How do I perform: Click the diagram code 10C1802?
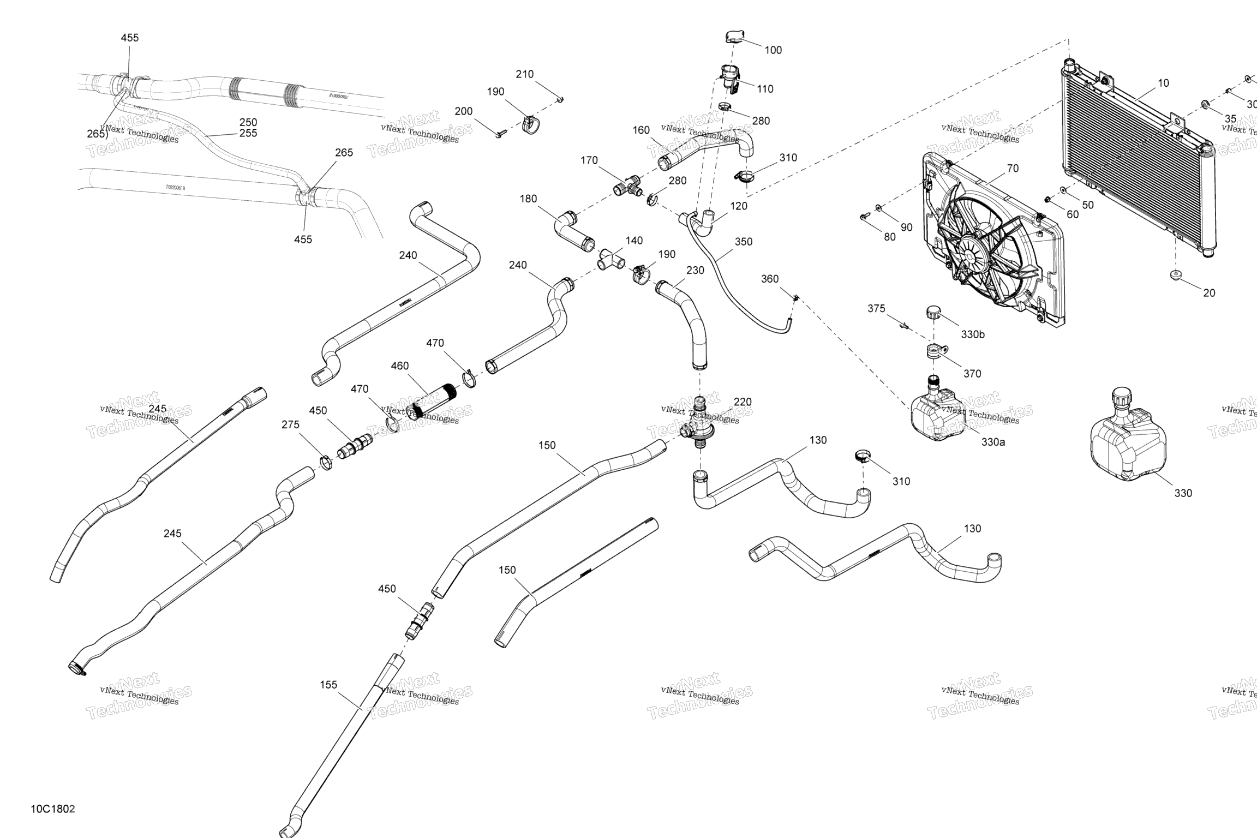point(52,809)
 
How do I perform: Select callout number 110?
point(765,89)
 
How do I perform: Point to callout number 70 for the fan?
point(1012,169)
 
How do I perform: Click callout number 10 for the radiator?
point(1163,83)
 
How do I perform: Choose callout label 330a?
point(993,442)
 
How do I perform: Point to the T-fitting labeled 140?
point(609,260)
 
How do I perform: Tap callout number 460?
point(399,366)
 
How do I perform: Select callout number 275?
point(290,424)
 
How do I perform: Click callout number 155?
point(328,685)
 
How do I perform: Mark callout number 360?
point(770,279)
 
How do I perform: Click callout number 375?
point(876,309)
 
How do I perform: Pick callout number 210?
point(524,74)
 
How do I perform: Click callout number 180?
point(528,199)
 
